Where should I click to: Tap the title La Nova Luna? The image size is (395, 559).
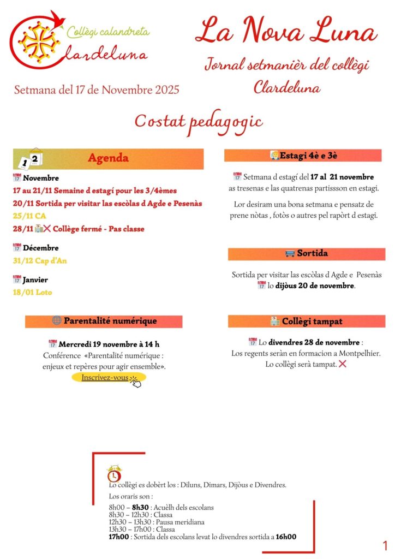[286, 31]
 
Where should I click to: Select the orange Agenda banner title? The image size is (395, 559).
[109, 158]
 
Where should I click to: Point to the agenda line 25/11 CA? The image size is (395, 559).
[28, 216]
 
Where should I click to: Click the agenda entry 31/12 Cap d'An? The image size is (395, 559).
[39, 261]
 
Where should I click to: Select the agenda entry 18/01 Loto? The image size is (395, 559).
[32, 292]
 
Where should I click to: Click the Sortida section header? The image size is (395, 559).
[306, 254]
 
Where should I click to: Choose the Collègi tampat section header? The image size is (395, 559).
[306, 321]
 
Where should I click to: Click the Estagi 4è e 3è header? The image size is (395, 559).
[303, 156]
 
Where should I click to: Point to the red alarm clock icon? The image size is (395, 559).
[115, 474]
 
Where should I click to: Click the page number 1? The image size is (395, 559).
[385, 545]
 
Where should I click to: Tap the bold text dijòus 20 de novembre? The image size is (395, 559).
[314, 286]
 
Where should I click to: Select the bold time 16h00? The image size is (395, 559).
[286, 537]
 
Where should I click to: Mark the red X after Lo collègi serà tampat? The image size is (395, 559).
[343, 364]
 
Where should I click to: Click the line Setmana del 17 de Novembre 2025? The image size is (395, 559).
[97, 90]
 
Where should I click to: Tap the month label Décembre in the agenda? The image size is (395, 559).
[40, 248]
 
